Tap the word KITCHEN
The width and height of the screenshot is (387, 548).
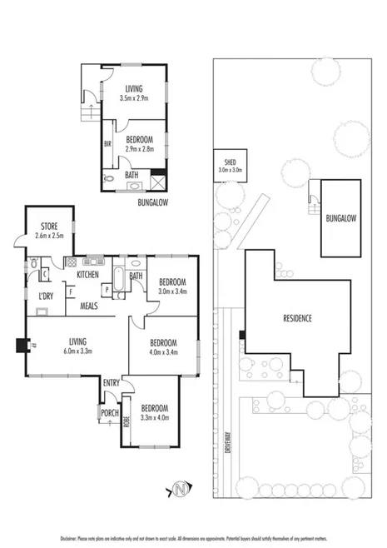click(88, 274)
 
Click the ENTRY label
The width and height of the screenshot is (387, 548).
click(112, 382)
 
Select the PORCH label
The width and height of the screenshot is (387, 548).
click(108, 412)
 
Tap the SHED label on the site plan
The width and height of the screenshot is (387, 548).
click(229, 162)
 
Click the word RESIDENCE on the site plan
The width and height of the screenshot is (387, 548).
click(297, 317)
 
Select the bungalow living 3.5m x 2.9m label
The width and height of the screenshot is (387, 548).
click(133, 93)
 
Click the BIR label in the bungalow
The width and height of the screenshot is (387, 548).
click(108, 144)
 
